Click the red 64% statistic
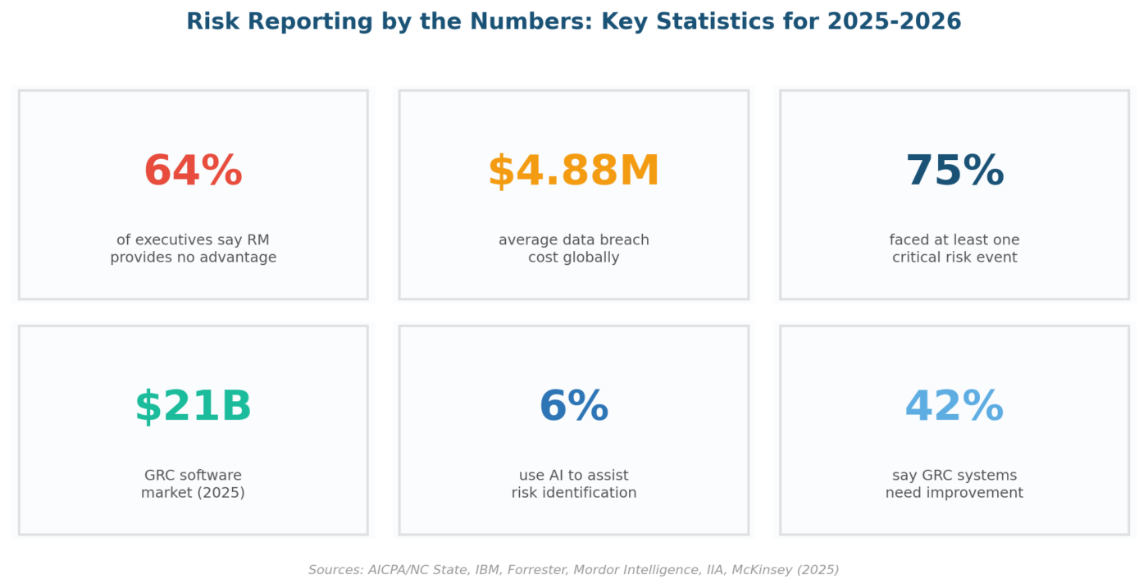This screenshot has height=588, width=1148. pyautogui.click(x=194, y=171)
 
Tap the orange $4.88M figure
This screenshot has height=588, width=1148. pyautogui.click(x=573, y=171)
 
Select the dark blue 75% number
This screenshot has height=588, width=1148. pyautogui.click(x=954, y=171)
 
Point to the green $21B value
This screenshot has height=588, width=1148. pyautogui.click(x=194, y=406)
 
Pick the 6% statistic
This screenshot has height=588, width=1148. pyautogui.click(x=574, y=406)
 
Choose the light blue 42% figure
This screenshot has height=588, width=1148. pyautogui.click(x=954, y=406)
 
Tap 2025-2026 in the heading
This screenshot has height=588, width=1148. pyautogui.click(x=894, y=21)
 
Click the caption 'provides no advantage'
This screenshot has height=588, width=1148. pyautogui.click(x=194, y=258)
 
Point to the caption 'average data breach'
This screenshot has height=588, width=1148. pyautogui.click(x=574, y=240)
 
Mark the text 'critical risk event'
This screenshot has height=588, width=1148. pyautogui.click(x=954, y=258)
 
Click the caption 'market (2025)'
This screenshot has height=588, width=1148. pyautogui.click(x=194, y=493)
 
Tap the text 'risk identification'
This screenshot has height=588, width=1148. pyautogui.click(x=574, y=493)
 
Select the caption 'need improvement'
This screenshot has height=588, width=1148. pyautogui.click(x=954, y=493)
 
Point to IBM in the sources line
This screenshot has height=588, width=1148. pyautogui.click(x=488, y=570)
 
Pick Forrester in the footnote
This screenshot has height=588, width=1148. pyautogui.click(x=537, y=570)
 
